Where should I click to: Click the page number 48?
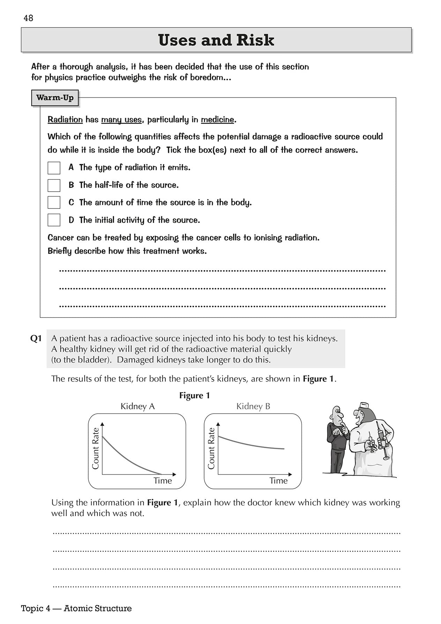28,18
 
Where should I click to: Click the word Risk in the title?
255,40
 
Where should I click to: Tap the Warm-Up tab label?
55,98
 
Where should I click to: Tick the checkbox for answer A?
54,168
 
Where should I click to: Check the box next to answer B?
54,185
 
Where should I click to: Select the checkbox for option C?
54,202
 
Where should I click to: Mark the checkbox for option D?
54,220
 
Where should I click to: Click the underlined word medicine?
217,120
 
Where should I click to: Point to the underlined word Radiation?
65,120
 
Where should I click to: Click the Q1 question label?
36,338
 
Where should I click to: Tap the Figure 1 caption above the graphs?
194,395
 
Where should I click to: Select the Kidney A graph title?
137,406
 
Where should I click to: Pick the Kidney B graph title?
253,406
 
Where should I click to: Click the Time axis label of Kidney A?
163,481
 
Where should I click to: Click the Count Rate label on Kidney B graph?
211,448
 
